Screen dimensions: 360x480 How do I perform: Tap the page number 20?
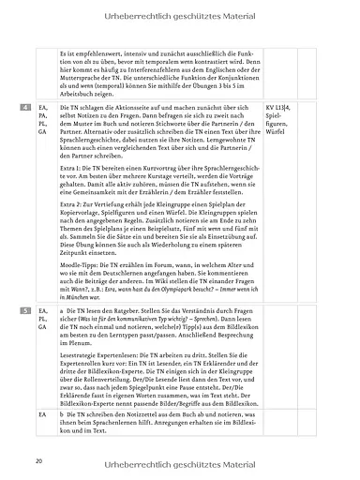[x=38, y=461]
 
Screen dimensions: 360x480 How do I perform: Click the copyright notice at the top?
[x=180, y=11]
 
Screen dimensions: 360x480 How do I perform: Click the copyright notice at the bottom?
[x=180, y=462]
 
